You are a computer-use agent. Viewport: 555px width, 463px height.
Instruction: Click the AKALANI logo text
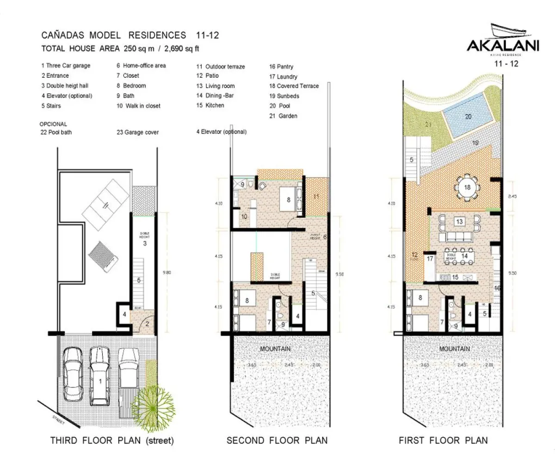[x=502, y=47]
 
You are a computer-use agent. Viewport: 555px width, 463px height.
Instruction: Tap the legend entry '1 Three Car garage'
[x=66, y=66]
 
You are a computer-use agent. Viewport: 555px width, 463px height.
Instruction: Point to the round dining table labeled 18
[x=467, y=188]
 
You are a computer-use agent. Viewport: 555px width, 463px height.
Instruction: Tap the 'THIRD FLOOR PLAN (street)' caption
[x=112, y=440]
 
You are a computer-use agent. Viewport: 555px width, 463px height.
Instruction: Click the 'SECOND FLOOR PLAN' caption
[x=277, y=440]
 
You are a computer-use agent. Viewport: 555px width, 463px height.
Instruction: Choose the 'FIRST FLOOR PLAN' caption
[x=443, y=440]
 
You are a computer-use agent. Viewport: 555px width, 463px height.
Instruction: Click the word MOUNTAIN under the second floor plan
[x=275, y=349]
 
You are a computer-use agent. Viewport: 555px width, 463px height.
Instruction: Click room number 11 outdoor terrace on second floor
[x=317, y=197]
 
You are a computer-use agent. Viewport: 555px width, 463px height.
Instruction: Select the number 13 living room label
[x=459, y=221]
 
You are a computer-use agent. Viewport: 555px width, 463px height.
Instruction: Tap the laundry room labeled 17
[x=430, y=259]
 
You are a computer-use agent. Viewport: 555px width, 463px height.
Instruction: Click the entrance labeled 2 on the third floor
[x=147, y=324]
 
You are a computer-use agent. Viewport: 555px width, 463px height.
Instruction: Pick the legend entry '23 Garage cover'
[x=138, y=132]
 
